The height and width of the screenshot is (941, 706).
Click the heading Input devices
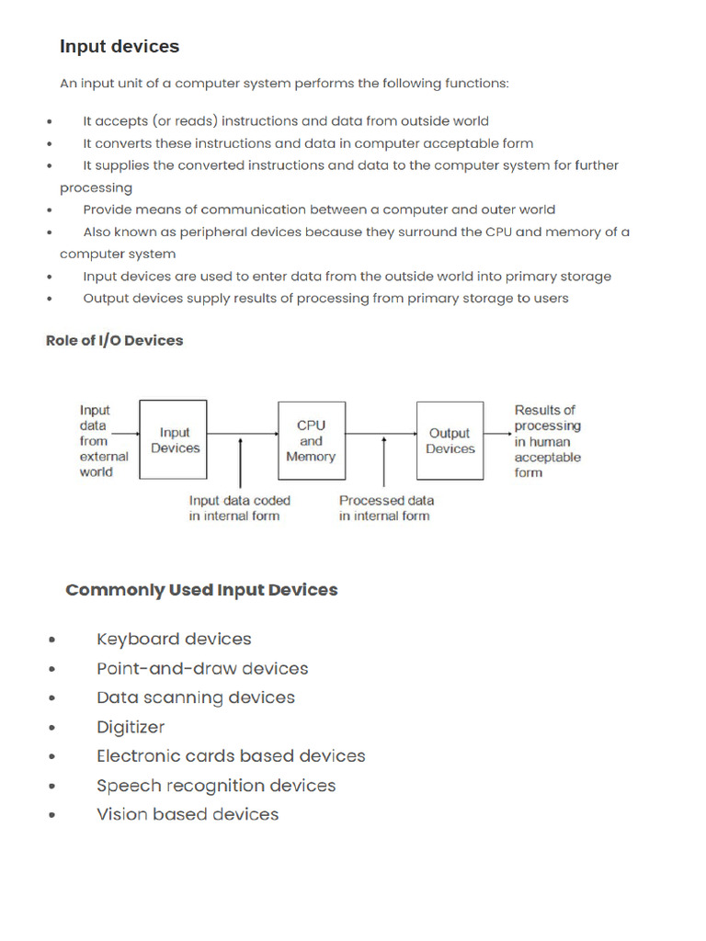tap(120, 47)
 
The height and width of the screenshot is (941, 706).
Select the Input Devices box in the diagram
tap(174, 439)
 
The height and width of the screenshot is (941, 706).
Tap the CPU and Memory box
tap(311, 440)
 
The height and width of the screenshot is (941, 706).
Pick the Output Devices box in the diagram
tap(450, 440)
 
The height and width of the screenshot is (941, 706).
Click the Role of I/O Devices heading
tap(115, 340)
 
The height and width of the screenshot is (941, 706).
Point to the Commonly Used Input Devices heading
tap(201, 590)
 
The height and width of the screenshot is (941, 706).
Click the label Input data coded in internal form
tap(239, 508)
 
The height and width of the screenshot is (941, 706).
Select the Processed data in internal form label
tap(386, 508)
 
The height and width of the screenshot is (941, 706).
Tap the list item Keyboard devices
tap(174, 640)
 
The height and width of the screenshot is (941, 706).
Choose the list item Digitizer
tap(131, 727)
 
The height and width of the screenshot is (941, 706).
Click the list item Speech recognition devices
tap(216, 786)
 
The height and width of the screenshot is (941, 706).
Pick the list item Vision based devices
tap(188, 814)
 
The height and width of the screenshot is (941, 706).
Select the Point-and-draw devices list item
tap(202, 669)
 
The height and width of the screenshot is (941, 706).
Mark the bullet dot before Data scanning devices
tap(52, 699)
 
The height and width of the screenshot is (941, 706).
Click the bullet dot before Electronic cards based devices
tap(52, 757)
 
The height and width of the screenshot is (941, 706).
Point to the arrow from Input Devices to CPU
tap(243, 433)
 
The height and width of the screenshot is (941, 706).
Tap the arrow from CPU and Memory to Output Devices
tap(381, 433)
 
